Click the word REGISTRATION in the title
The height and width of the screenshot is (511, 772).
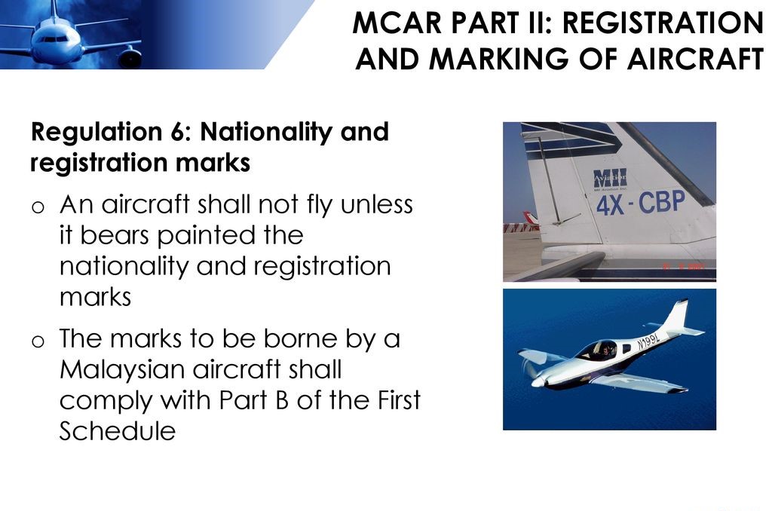[663, 23]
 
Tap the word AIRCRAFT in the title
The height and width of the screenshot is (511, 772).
[695, 59]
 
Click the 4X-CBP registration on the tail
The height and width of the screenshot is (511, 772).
[641, 203]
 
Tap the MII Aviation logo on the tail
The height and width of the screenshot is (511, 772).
[610, 179]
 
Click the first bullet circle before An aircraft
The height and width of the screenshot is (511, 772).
[38, 207]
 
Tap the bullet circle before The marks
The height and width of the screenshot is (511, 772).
[38, 341]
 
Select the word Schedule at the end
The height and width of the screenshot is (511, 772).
[117, 431]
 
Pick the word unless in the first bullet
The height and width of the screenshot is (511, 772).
[377, 204]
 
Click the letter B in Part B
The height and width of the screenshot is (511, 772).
[282, 401]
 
